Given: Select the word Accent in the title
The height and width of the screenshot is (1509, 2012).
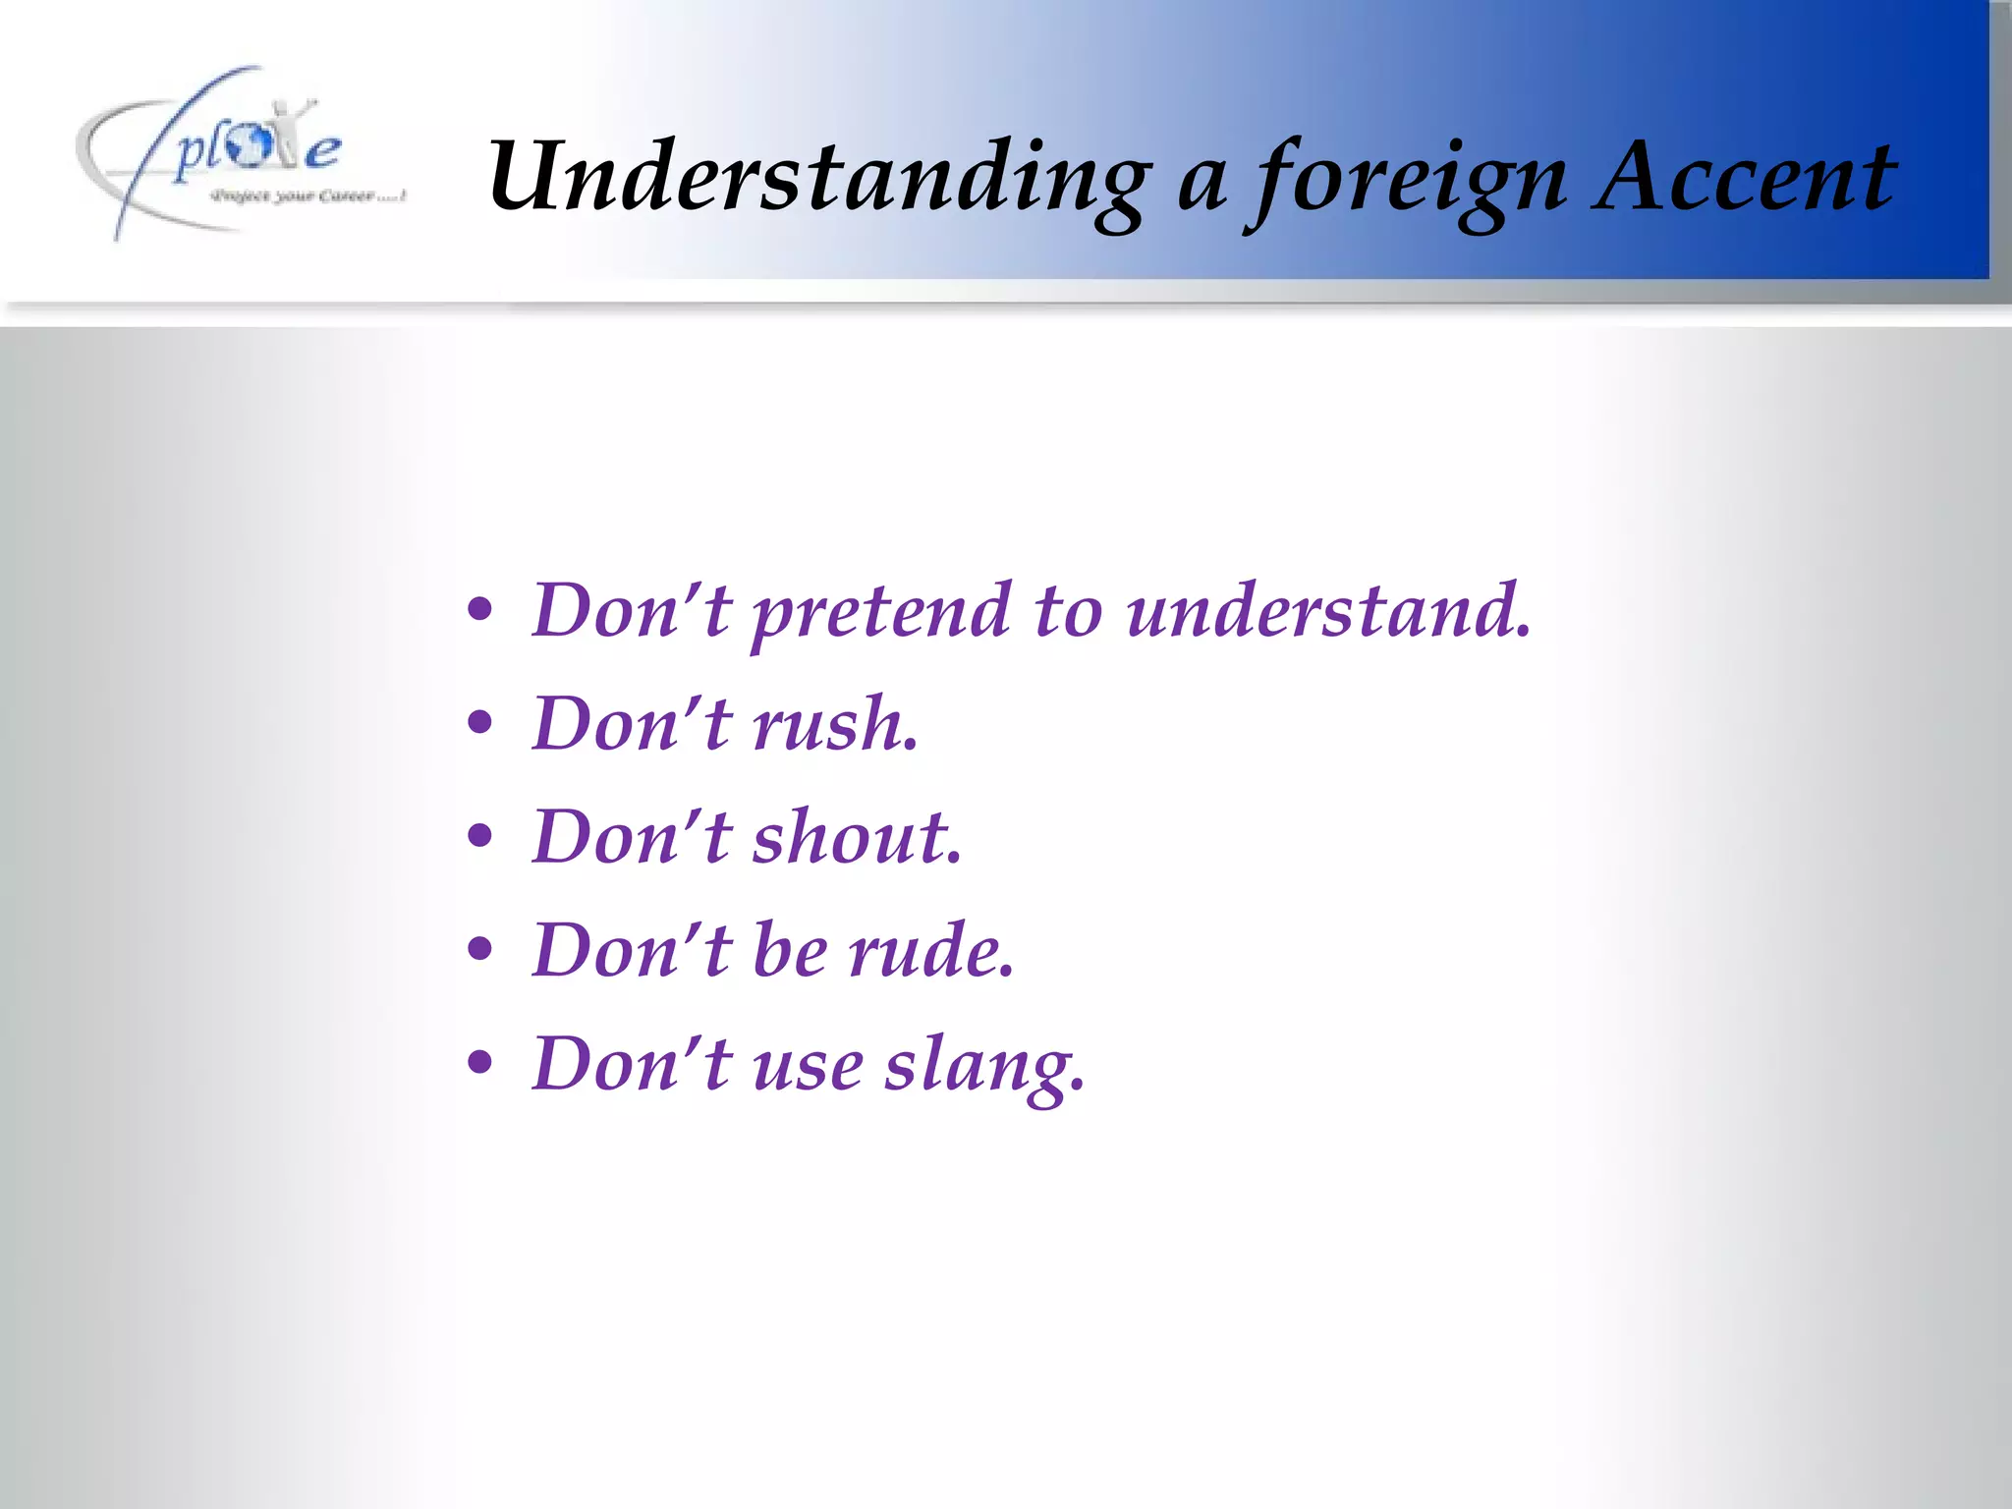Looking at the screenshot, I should pos(1745,177).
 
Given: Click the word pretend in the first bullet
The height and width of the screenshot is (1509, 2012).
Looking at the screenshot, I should pos(880,613).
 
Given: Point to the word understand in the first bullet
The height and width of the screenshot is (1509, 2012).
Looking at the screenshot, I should pos(1327,611).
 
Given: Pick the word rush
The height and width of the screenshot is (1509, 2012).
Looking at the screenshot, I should pos(835,725).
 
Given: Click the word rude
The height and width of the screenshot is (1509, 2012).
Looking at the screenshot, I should pos(929,951).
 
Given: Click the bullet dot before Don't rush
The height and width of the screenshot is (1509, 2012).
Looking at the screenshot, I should pos(479,725).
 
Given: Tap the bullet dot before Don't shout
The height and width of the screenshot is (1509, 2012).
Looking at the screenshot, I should pos(479,838).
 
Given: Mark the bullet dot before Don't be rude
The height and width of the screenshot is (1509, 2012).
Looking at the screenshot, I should pos(479,951).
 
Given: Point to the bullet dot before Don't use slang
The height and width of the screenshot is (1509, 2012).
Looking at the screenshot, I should pos(479,1064).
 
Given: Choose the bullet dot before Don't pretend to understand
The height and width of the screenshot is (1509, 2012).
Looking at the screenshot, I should pos(479,611).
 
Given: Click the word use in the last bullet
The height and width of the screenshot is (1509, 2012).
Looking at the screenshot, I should pos(808,1067).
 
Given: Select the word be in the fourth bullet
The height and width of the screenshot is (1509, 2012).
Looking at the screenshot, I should pos(790,951).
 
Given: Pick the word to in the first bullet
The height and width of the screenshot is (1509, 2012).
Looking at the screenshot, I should pos(1068,611).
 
